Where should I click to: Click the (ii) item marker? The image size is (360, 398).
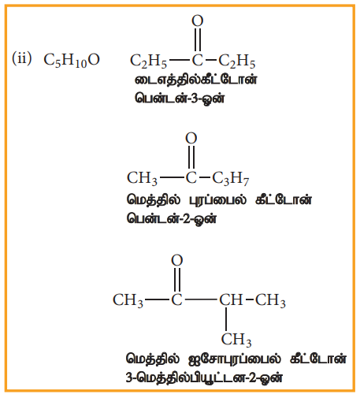(x=22, y=58)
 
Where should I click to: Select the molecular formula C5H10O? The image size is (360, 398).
(x=72, y=61)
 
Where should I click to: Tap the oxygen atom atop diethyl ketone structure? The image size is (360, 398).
(x=198, y=20)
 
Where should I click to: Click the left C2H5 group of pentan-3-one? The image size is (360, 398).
(x=148, y=61)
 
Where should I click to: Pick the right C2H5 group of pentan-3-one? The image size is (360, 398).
(x=237, y=61)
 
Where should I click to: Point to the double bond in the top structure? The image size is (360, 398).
(x=198, y=39)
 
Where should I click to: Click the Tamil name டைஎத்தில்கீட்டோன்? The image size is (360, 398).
(x=196, y=80)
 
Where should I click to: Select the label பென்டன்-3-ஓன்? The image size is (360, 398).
(x=180, y=99)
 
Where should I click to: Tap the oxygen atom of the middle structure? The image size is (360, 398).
(x=191, y=138)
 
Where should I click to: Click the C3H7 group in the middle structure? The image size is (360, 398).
(x=231, y=179)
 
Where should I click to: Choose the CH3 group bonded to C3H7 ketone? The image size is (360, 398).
(x=142, y=179)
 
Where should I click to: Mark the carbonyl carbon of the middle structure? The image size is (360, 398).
(x=191, y=178)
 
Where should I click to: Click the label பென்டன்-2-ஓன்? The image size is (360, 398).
(x=172, y=218)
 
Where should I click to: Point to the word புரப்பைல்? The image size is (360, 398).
(x=218, y=200)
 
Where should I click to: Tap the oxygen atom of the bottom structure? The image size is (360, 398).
(x=177, y=260)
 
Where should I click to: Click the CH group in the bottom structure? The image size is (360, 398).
(x=231, y=299)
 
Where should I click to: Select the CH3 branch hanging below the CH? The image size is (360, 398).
(x=236, y=340)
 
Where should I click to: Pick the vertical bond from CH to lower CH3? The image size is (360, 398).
(x=226, y=319)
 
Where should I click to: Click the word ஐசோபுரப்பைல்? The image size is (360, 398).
(x=235, y=359)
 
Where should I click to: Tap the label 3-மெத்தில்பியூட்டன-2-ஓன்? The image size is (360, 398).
(x=204, y=378)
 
